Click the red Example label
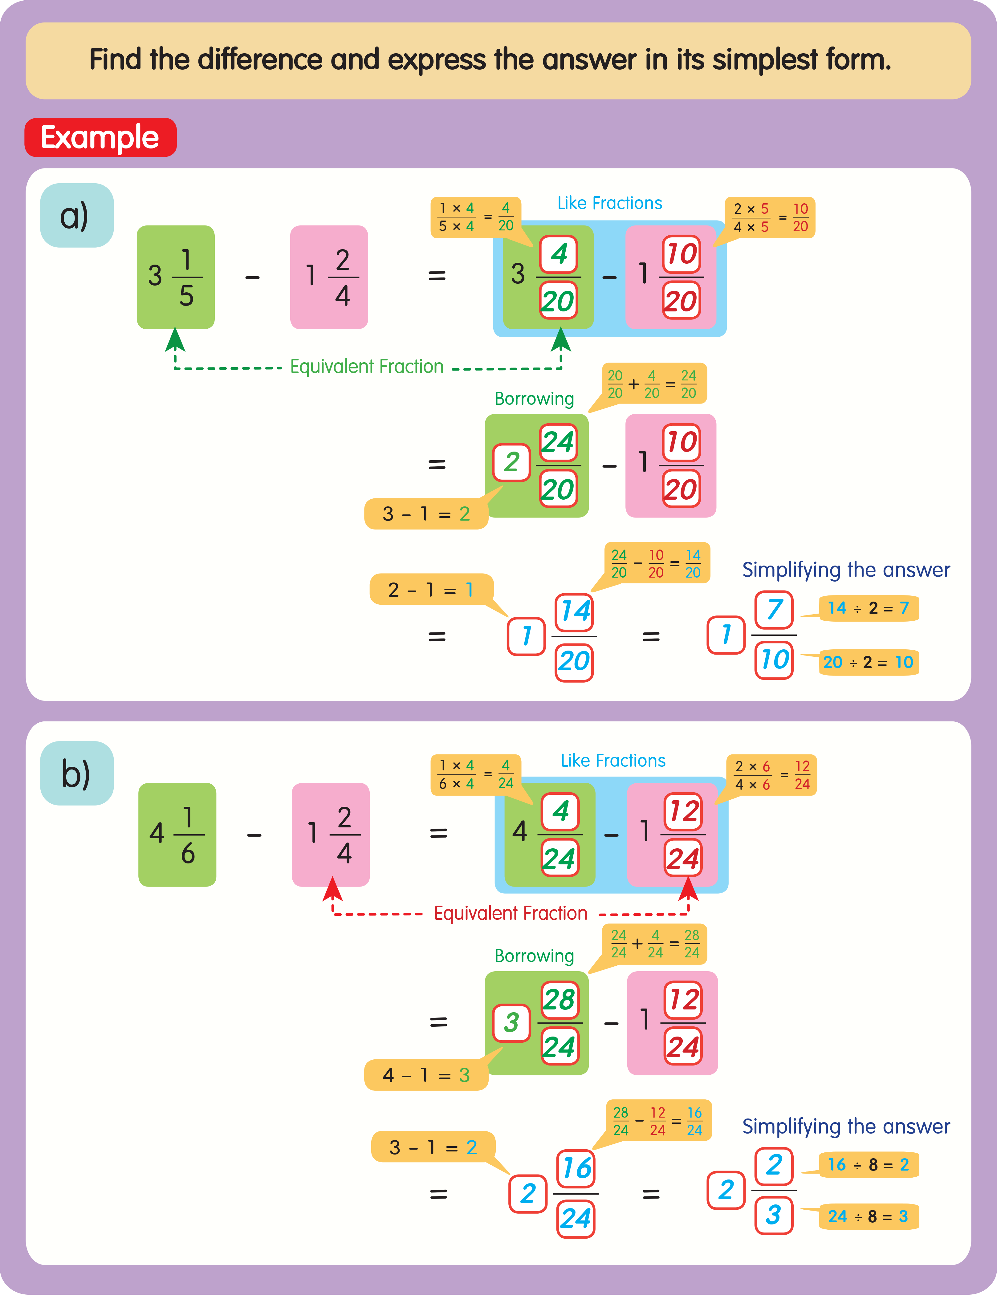point(100,138)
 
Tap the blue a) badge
point(76,215)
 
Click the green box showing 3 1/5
point(176,277)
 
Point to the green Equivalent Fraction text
point(367,367)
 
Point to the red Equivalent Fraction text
point(511,913)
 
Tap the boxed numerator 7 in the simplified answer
point(774,610)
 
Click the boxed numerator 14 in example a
point(575,611)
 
